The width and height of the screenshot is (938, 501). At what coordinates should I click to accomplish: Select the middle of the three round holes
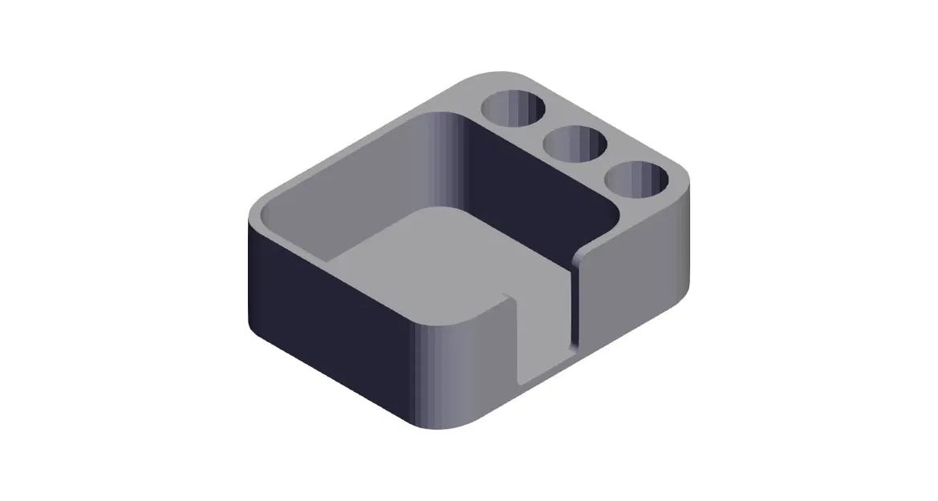coord(575,144)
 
